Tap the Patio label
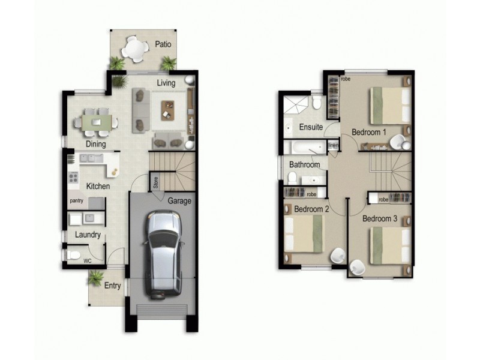(x=163, y=44)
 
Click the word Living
(x=166, y=83)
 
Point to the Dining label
(x=95, y=144)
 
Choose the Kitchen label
(x=98, y=187)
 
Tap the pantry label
(x=76, y=200)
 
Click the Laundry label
(x=88, y=235)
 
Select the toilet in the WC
(x=73, y=256)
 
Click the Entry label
(x=113, y=286)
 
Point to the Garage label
(x=179, y=201)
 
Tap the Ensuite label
(x=311, y=127)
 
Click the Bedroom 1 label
(x=369, y=132)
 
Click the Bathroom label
(x=304, y=164)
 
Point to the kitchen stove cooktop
(x=73, y=177)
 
